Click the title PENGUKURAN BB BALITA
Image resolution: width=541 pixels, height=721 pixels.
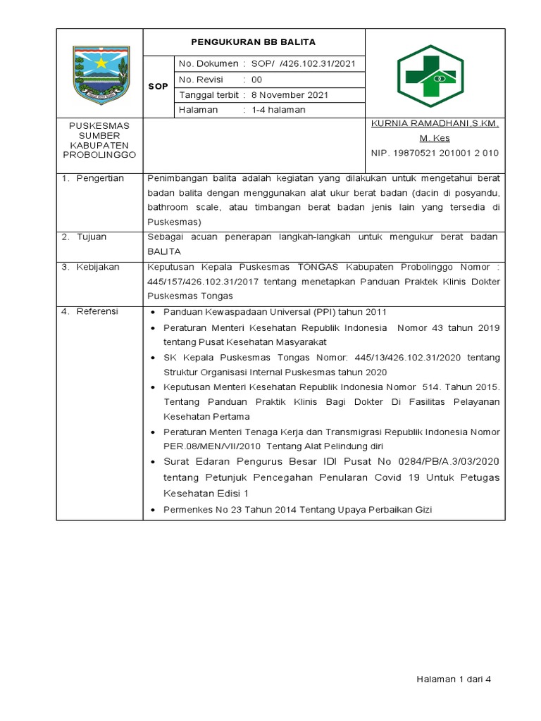point(254,42)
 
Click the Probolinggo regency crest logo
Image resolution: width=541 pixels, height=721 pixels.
point(100,73)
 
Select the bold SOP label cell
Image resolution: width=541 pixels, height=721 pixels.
point(158,87)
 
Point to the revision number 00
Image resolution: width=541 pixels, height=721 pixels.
point(257,80)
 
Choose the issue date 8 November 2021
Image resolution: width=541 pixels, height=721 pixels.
point(290,95)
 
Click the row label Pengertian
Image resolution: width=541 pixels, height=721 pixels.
point(100,178)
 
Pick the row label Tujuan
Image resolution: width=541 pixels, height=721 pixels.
point(92,237)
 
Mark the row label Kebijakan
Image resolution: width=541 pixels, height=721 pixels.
point(98,267)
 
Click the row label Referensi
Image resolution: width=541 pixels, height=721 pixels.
point(97,311)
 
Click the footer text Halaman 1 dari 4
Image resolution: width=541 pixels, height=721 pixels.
point(452,679)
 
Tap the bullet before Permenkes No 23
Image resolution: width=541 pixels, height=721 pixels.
point(154,510)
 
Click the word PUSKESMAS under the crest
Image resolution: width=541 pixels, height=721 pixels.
point(99,125)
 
